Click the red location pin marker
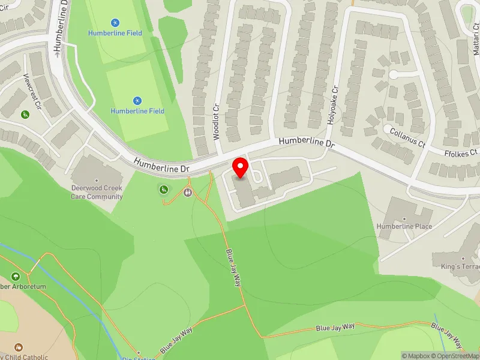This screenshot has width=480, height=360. [241, 167]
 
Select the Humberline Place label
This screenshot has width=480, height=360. [404, 226]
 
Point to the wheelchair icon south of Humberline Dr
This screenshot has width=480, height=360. [163, 190]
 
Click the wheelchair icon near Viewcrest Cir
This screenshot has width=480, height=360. [25, 115]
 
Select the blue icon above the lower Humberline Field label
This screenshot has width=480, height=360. [137, 101]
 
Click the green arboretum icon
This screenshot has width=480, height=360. [15, 277]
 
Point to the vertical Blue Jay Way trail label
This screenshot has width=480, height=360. [233, 268]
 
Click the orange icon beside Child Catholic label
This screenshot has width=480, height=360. [18, 347]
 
